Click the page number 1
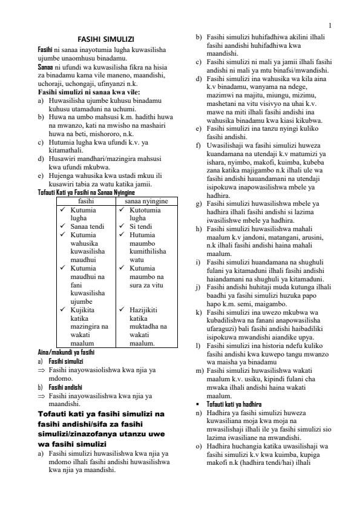point(330,25)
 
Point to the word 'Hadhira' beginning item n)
point(219,412)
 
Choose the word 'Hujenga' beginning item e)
point(61,176)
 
